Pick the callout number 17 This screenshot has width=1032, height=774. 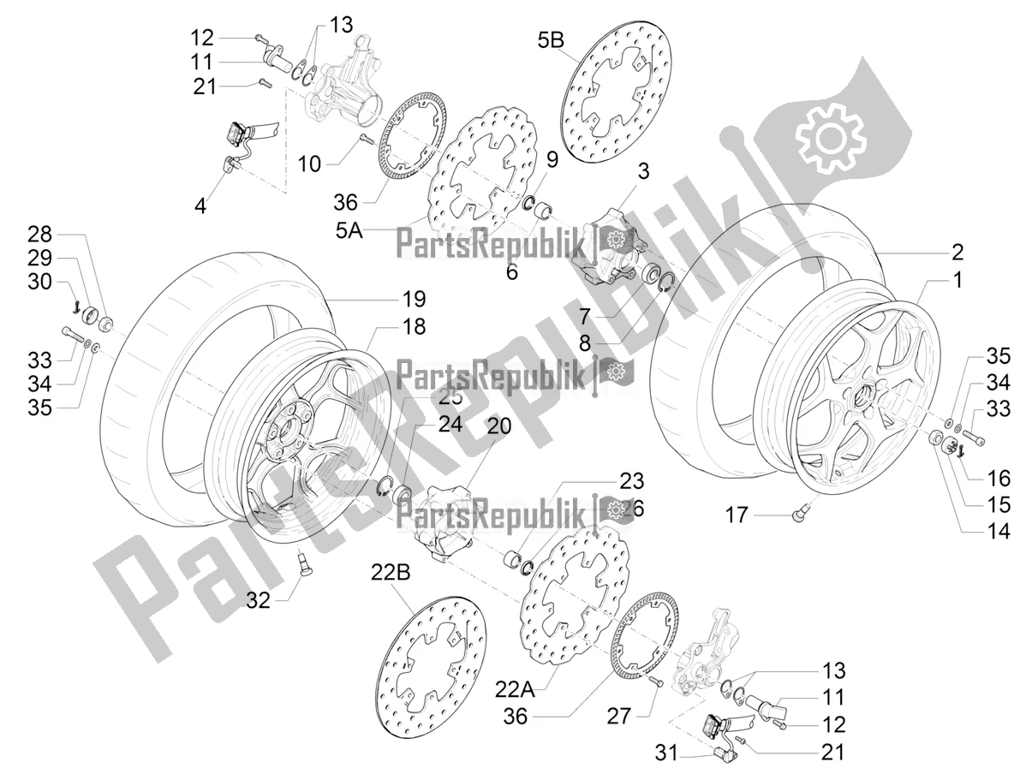(737, 515)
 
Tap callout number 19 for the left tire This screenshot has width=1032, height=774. (414, 299)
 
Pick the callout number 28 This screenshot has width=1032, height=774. (39, 233)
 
